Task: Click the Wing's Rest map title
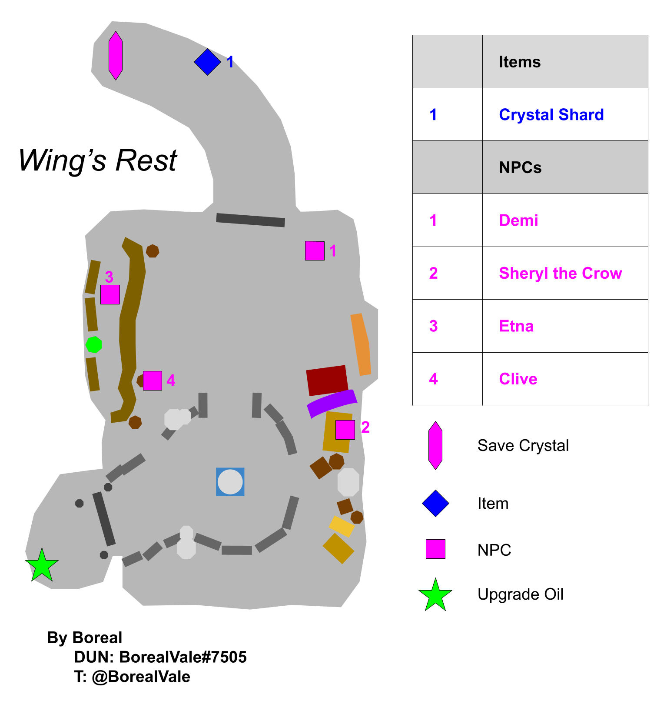98,160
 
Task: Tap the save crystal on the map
116,56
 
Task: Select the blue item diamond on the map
207,62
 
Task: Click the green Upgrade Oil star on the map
42,565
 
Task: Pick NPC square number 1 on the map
315,251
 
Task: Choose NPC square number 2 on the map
345,430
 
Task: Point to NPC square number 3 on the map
110,294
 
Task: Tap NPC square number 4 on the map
153,381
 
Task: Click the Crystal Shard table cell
551,114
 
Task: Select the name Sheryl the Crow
561,273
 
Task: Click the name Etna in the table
516,326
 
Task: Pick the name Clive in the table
518,379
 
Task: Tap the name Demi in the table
518,220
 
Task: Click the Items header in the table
520,62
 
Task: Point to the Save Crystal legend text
523,445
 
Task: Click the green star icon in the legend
435,595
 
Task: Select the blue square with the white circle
230,482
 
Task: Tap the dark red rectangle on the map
327,381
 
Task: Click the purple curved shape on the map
332,403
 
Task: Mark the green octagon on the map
94,344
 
